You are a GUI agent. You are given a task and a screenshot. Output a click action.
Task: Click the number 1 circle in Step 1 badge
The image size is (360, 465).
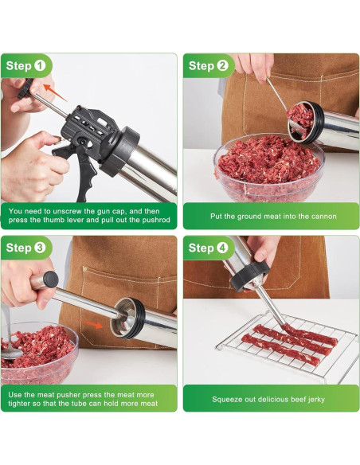[40, 65]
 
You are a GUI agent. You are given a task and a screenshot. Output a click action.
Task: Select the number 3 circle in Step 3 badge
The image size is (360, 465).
[40, 248]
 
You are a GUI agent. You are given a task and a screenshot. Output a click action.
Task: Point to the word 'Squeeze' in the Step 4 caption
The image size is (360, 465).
[229, 399]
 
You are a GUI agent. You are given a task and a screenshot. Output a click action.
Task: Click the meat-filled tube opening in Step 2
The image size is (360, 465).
[300, 117]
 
